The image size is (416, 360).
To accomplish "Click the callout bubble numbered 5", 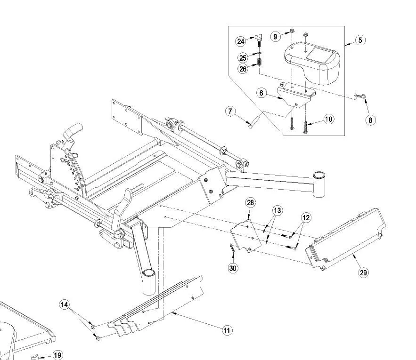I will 360,40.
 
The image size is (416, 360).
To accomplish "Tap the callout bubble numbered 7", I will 230,112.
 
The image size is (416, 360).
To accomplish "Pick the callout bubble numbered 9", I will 276,36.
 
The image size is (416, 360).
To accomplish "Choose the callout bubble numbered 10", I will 329,119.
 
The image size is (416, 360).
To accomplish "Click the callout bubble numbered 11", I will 227,330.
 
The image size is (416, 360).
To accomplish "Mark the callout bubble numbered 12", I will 306,217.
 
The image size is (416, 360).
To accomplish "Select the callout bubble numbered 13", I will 277,210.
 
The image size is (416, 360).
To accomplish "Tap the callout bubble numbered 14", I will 65,304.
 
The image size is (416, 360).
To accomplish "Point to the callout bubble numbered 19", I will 57,355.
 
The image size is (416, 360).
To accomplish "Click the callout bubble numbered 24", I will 241,41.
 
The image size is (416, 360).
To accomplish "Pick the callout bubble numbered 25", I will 243,58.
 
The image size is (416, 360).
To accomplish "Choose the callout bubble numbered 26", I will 243,69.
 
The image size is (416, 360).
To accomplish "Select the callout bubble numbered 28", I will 250,203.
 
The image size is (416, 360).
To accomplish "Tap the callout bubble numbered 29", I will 364,272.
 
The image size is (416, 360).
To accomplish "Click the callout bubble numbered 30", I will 233,268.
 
